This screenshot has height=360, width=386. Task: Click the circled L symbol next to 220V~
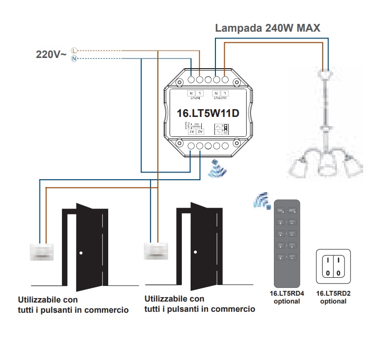74,50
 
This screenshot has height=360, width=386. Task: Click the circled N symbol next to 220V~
74,59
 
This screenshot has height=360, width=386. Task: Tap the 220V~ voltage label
51,55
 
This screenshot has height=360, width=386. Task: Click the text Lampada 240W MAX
268,28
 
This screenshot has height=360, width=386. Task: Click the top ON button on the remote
281,210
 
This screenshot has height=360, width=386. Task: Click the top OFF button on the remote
292,210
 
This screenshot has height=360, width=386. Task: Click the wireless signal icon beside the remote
261,200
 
